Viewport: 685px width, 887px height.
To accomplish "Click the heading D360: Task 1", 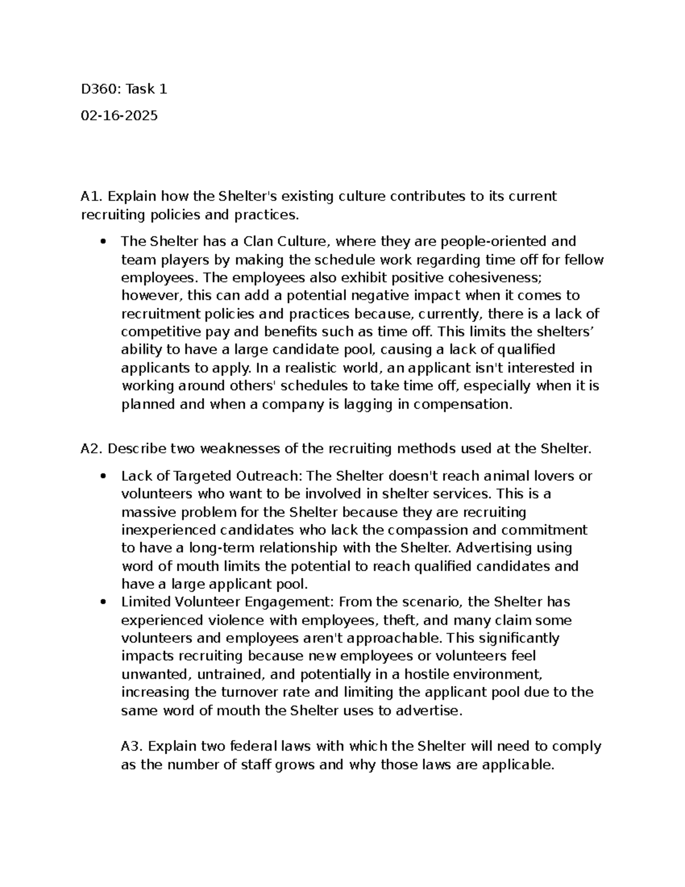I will click(x=124, y=89).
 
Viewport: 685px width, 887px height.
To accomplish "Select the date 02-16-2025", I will click(x=119, y=116).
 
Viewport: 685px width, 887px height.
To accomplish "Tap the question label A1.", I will click(x=91, y=196).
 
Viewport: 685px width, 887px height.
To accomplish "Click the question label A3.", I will click(x=132, y=746).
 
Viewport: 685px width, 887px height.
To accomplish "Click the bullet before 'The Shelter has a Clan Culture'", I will click(x=103, y=242).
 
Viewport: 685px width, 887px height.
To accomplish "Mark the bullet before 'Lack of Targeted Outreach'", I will click(x=103, y=476).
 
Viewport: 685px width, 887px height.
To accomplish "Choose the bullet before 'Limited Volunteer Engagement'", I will click(x=103, y=602).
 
